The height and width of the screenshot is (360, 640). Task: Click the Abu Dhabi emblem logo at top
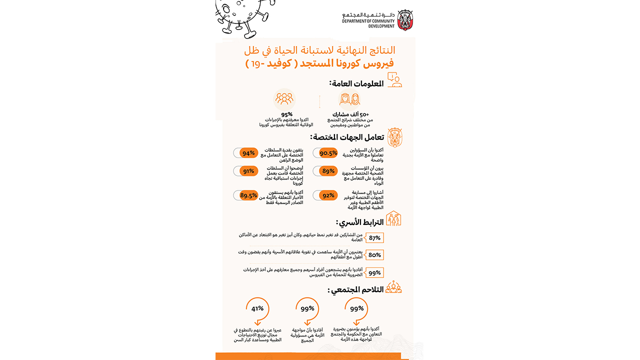[x=405, y=20]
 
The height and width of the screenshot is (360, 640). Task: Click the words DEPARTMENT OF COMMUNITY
[x=368, y=21]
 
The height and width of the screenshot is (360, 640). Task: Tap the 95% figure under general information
[x=286, y=114]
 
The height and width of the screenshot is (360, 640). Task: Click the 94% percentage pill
[x=245, y=153]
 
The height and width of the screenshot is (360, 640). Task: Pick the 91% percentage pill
[x=245, y=171]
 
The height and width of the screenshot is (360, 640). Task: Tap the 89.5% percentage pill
[x=245, y=195]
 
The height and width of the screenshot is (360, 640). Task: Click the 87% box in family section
[x=374, y=238]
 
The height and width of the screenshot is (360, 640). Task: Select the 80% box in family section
[x=374, y=255]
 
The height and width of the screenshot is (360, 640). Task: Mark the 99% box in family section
[x=374, y=273]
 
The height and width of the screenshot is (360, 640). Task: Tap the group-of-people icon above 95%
[x=284, y=98]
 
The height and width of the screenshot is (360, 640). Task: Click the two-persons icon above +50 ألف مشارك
[x=349, y=99]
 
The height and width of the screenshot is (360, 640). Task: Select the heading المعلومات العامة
[x=356, y=83]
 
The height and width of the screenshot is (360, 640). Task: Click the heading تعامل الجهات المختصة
[x=347, y=137]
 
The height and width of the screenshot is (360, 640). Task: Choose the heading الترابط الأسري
[x=360, y=222]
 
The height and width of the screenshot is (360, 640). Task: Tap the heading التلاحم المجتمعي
[x=355, y=289]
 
